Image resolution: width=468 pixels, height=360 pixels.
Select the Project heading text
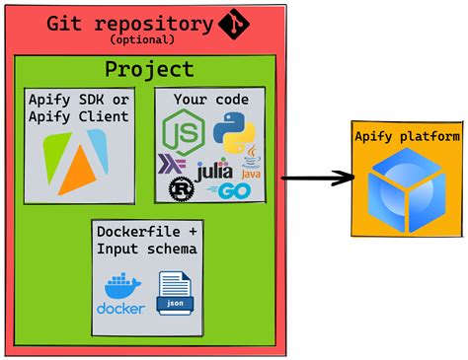[x=149, y=68]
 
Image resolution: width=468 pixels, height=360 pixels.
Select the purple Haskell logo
[x=173, y=164]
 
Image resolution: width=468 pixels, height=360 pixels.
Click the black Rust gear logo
[x=181, y=188]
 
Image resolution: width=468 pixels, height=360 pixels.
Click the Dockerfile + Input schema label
[x=147, y=240]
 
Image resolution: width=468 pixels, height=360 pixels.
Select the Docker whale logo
[x=121, y=293]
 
